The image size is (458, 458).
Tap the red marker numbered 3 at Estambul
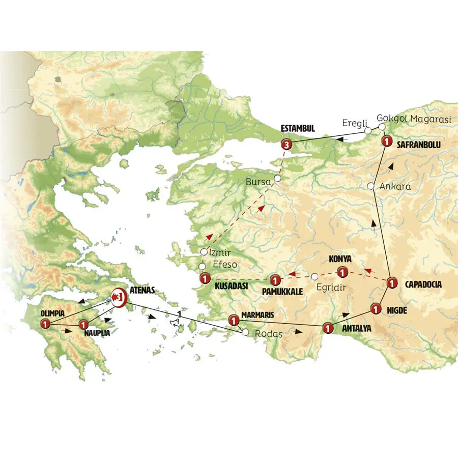click(x=287, y=145)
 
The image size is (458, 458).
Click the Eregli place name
click(x=353, y=123)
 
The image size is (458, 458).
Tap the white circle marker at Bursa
click(x=277, y=179)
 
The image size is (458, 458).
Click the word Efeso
click(x=222, y=265)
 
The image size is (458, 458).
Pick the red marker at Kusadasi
click(x=205, y=278)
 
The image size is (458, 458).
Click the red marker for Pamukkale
click(x=275, y=280)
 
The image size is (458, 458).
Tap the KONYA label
click(x=340, y=259)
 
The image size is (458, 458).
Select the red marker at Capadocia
click(x=391, y=283)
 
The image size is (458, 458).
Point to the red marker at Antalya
click(x=328, y=328)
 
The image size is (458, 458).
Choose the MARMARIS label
click(x=258, y=315)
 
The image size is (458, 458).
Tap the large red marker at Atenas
click(x=118, y=296)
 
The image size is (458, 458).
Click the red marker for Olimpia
click(x=45, y=324)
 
